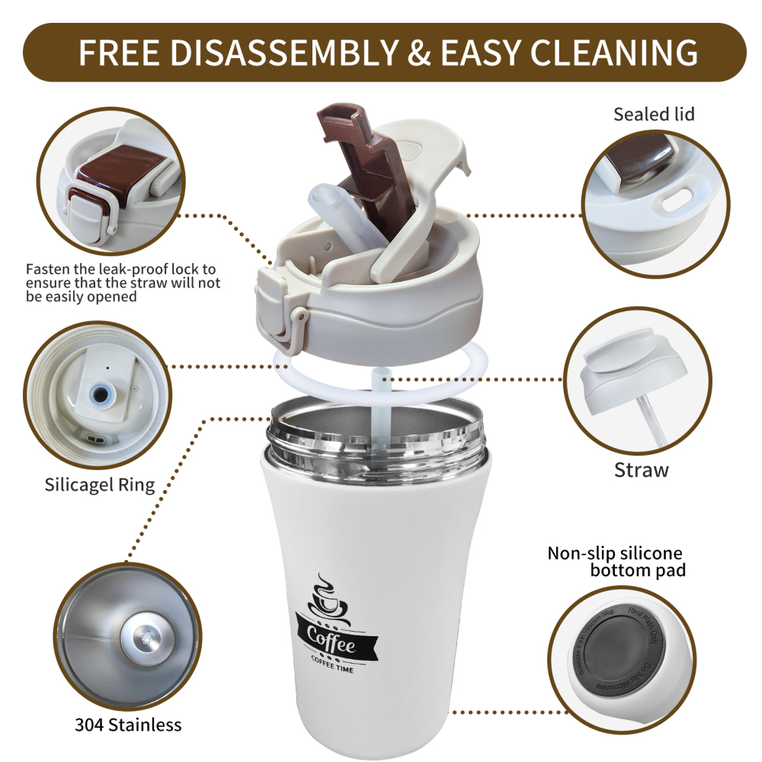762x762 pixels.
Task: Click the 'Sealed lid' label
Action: click(x=654, y=114)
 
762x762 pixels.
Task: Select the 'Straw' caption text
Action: click(x=641, y=469)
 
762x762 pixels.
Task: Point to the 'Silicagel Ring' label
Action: click(x=99, y=484)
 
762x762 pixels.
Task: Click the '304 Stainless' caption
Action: click(x=128, y=724)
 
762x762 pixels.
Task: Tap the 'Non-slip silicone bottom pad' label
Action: click(x=616, y=561)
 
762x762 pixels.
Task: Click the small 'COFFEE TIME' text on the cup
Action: click(x=332, y=668)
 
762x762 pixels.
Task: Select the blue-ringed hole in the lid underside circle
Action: click(x=99, y=393)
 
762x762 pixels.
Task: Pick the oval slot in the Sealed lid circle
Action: click(x=674, y=200)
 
